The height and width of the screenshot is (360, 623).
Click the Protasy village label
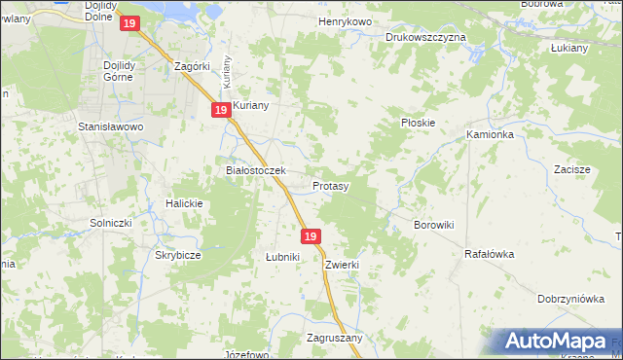(x=331, y=185)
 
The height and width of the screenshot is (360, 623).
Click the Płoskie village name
(x=418, y=123)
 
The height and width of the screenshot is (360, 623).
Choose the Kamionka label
(x=490, y=134)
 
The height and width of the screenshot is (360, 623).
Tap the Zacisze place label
(x=572, y=169)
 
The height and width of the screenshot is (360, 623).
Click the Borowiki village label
(x=434, y=225)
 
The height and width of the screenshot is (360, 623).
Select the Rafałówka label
(x=489, y=254)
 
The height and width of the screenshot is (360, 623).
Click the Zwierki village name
(x=344, y=264)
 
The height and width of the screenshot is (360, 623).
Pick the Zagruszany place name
(x=334, y=339)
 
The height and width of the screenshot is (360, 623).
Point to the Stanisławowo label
(x=111, y=126)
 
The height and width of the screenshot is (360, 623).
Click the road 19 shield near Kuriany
(x=221, y=111)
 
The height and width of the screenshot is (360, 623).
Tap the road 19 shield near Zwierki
(x=311, y=236)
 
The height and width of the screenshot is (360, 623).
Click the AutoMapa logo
(x=554, y=342)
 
